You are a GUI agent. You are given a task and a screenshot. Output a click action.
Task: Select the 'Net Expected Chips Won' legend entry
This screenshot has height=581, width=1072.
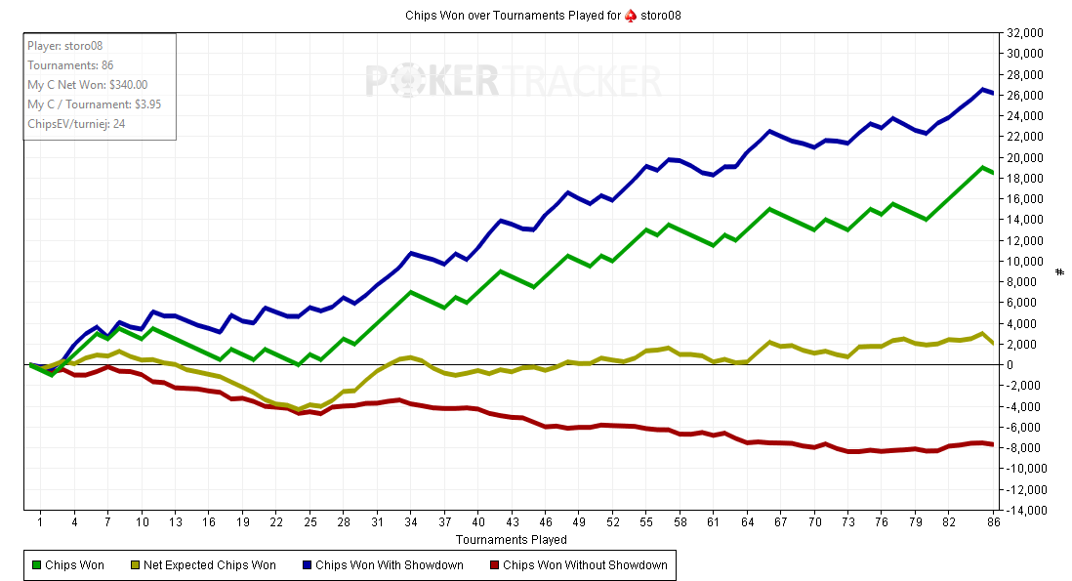pos(202,564)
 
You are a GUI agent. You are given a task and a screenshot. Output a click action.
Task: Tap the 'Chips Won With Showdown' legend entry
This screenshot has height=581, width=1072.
pos(383,564)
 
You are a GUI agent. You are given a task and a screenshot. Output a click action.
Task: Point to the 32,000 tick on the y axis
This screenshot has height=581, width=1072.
pos(1024,32)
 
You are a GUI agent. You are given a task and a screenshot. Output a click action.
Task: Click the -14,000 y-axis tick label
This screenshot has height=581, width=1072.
pos(1024,510)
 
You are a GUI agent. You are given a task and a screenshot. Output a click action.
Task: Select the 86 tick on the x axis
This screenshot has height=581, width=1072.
pos(993,522)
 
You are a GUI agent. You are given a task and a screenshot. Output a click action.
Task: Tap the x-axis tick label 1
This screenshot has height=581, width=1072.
pos(40,522)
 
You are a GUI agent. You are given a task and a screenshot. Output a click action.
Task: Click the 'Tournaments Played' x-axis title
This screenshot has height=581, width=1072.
pos(511,539)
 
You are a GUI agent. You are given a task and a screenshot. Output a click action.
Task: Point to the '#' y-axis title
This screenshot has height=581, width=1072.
pos(1060,271)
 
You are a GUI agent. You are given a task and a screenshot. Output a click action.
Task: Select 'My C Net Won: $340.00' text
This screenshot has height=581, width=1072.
pos(87,85)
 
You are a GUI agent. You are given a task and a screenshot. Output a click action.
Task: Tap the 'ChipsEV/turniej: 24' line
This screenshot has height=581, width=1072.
pos(76,124)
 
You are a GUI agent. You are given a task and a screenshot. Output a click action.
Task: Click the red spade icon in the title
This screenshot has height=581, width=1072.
pos(631,16)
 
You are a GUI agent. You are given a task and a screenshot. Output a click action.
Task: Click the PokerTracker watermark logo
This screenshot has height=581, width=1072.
pos(514,80)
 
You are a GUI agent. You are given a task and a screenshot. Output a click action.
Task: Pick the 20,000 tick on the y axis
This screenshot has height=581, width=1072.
pos(1024,157)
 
